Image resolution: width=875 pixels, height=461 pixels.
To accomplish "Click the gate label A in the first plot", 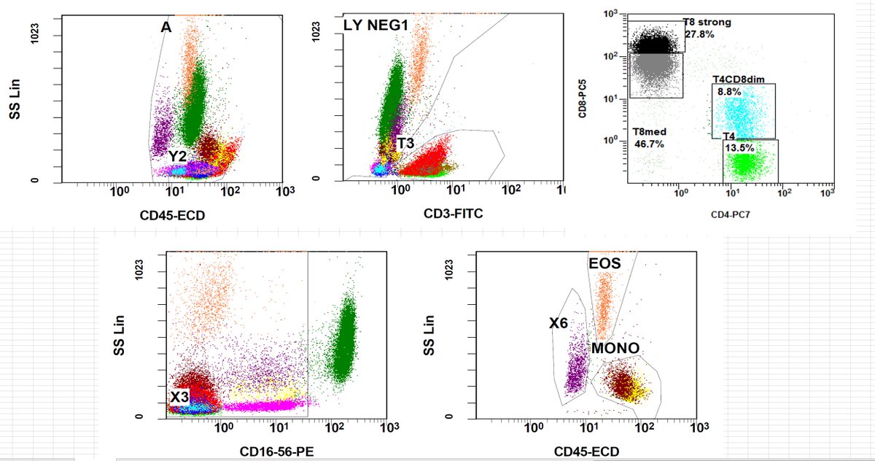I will click(x=166, y=27).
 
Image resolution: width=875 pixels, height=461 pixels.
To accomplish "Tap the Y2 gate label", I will click(x=177, y=155).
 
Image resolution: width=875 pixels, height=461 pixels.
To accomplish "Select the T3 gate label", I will click(x=405, y=143).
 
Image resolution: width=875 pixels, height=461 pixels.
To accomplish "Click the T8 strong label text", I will click(x=707, y=23).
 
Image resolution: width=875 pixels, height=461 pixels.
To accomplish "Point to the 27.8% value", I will click(x=699, y=34).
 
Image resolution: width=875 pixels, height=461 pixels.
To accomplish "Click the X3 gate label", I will click(x=179, y=397).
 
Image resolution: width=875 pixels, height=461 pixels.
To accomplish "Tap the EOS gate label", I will click(x=605, y=263).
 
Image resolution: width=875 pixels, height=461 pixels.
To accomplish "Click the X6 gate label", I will click(x=560, y=322).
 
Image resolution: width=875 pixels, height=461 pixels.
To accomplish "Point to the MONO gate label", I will click(x=615, y=349).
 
